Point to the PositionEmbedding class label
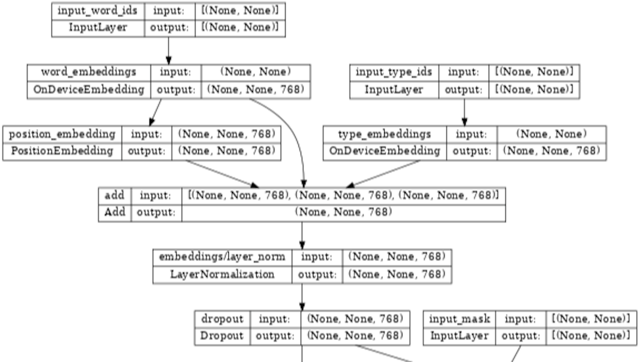coord(63,151)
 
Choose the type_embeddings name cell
coord(385,133)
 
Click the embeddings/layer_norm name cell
coord(222,257)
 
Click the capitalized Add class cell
coord(114,212)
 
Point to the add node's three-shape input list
coord(343,195)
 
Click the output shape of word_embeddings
coord(256,90)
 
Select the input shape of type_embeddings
coord(551,133)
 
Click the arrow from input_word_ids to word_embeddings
coord(169,51)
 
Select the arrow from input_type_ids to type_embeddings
coord(464,112)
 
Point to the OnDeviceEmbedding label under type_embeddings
coord(385,151)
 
